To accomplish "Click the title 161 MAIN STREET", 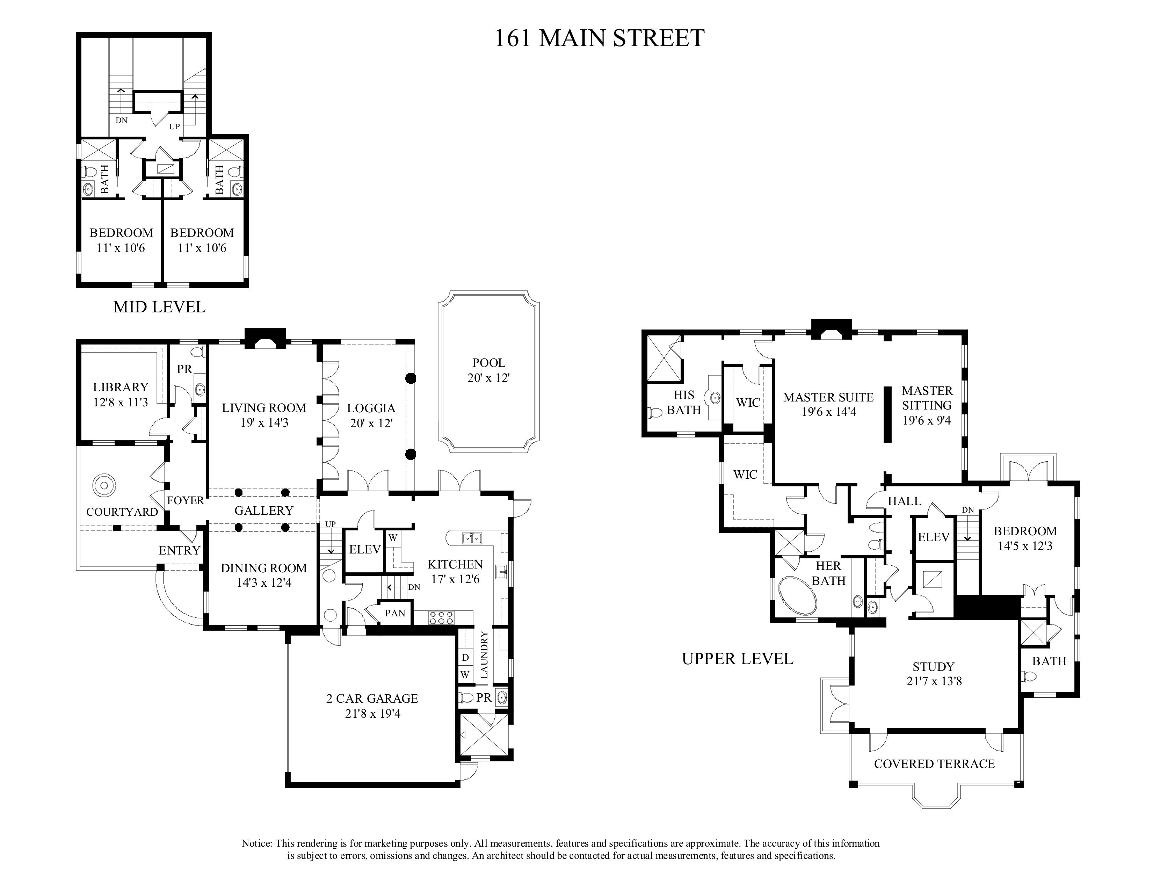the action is [599, 38].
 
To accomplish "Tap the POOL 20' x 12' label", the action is [488, 370].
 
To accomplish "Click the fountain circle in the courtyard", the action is [102, 485].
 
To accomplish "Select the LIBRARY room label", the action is [121, 387].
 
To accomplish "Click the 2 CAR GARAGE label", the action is [372, 699].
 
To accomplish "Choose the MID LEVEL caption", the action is [159, 307].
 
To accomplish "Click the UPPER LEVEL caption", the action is [738, 659].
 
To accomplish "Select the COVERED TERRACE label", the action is [934, 764].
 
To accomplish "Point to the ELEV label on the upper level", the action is [934, 537].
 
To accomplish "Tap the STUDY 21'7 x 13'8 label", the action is [934, 674].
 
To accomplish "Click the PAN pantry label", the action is [395, 613].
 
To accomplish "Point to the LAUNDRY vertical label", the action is [484, 654].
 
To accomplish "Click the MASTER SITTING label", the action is [927, 398].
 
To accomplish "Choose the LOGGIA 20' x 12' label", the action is [371, 415].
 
